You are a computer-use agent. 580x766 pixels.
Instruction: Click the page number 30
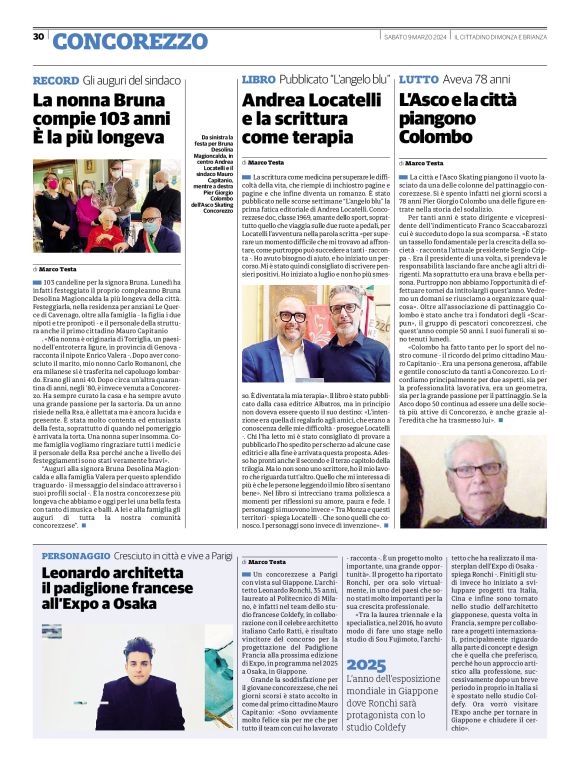[x=38, y=37]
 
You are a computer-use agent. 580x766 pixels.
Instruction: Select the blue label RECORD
[x=55, y=79]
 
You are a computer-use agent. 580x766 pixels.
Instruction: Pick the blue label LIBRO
[x=259, y=79]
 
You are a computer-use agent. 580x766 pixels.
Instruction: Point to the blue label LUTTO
[x=419, y=79]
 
